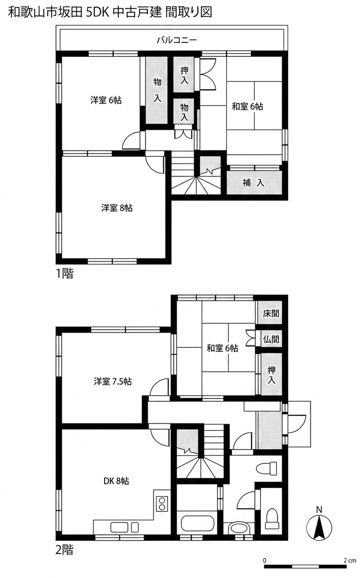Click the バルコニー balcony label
point(177,40)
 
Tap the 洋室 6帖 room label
point(106,100)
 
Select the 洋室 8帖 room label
point(117,208)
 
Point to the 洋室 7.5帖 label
point(113,381)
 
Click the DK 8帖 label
point(116,481)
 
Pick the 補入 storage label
point(253,182)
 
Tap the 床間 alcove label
point(271,314)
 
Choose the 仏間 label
point(271,339)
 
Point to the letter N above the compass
point(320,510)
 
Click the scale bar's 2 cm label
point(349,560)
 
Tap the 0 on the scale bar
point(265,560)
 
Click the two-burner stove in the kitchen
point(162,504)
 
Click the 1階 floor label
point(65,274)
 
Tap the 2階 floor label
point(65,550)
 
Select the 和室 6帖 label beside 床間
point(222,348)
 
